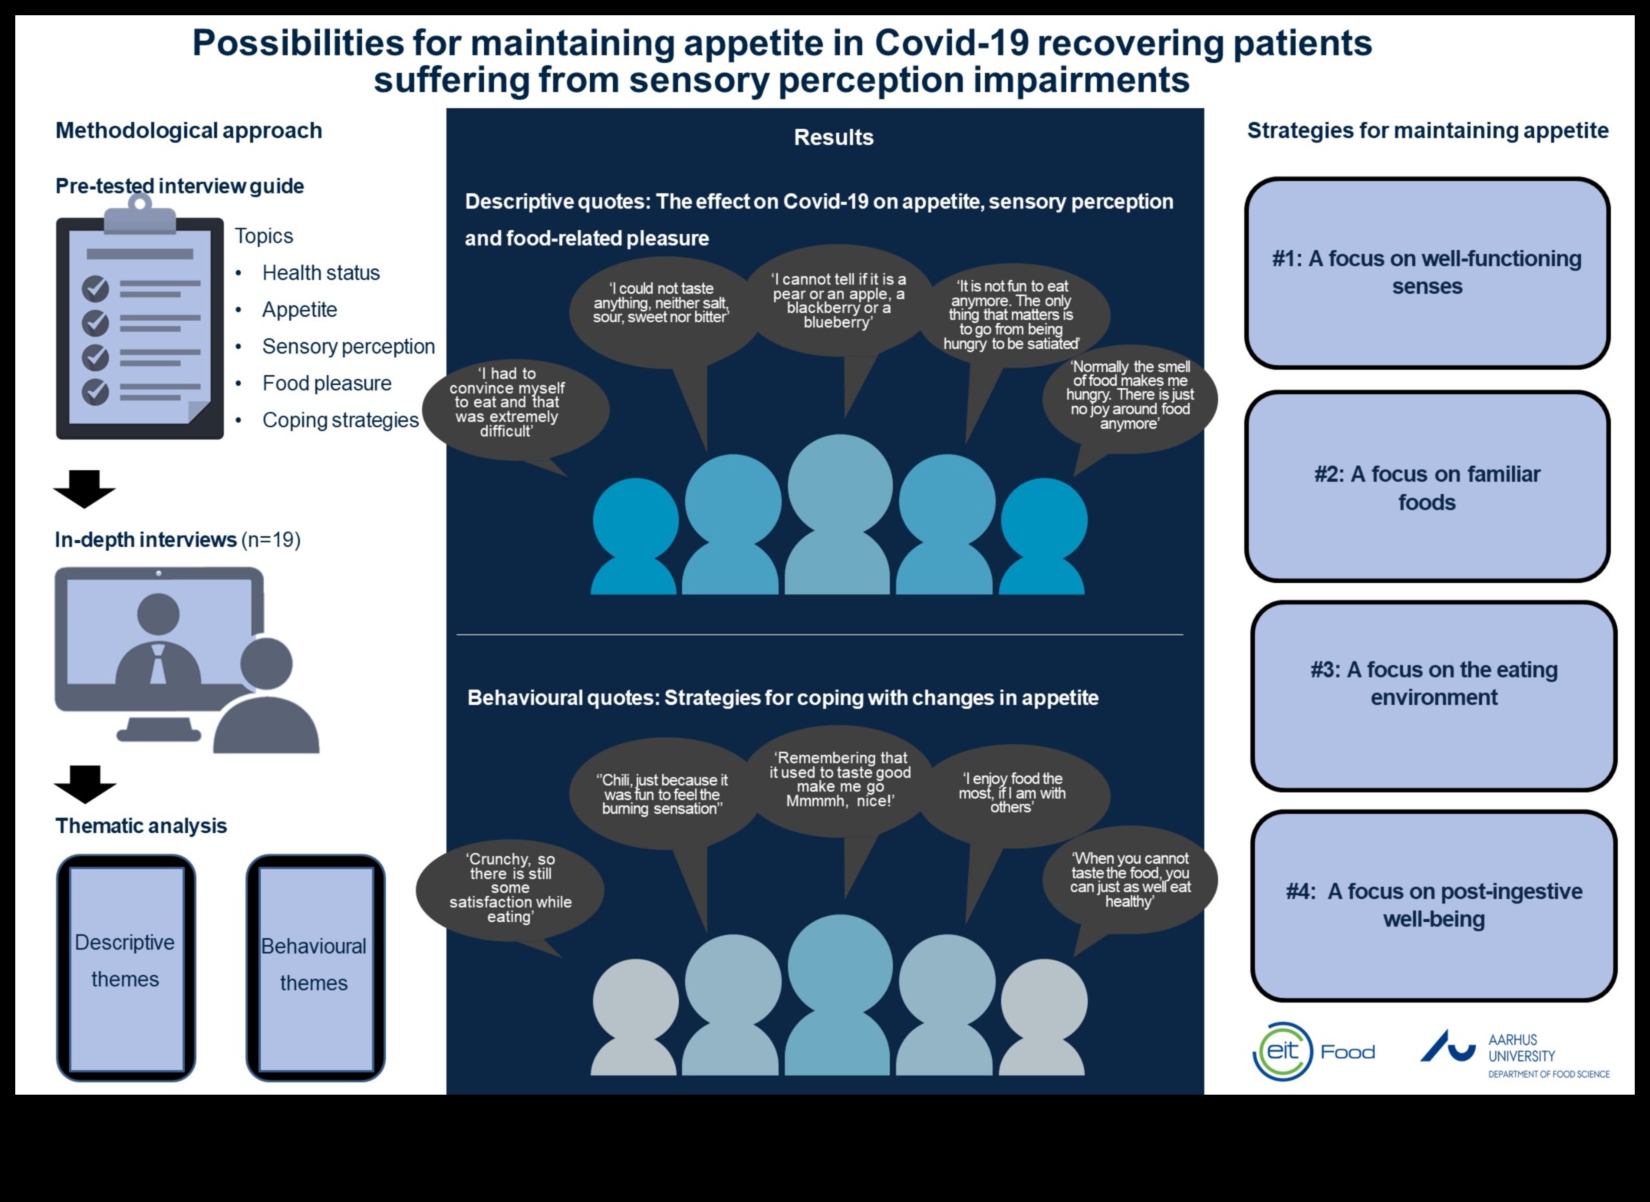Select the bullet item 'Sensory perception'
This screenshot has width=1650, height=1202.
tap(347, 346)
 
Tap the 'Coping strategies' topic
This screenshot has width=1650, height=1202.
tap(340, 420)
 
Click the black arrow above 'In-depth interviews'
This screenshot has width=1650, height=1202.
tap(84, 489)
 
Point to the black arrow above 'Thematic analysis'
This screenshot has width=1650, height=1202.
tap(84, 783)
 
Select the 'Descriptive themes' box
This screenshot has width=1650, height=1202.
tap(126, 967)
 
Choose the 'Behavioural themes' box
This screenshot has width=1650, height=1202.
tap(315, 967)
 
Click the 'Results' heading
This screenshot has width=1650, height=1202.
tap(833, 137)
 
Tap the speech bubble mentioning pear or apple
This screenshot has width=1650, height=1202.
tap(838, 301)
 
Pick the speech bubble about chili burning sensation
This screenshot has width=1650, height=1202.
tap(661, 794)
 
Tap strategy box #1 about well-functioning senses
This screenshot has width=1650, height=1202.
tap(1426, 273)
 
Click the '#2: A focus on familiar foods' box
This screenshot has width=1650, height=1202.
tap(1426, 487)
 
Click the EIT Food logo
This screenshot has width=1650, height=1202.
tap(1313, 1051)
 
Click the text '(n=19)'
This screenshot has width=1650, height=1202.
tap(271, 540)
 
